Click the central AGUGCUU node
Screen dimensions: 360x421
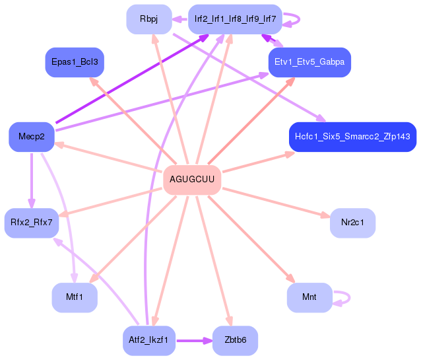click(x=192, y=180)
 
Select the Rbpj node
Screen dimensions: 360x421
click(x=149, y=19)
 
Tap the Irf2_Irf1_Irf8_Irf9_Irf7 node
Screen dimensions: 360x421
click(x=235, y=19)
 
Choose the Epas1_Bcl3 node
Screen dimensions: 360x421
click(x=75, y=62)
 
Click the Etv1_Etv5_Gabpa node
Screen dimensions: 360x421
click(x=309, y=62)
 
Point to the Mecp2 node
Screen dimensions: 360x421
click(x=31, y=137)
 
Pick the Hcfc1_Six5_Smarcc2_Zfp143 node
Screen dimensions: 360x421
click(x=352, y=137)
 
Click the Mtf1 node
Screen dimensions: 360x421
click(x=75, y=297)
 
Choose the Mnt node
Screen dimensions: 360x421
click(x=309, y=297)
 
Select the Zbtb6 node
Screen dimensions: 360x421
click(x=235, y=341)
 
